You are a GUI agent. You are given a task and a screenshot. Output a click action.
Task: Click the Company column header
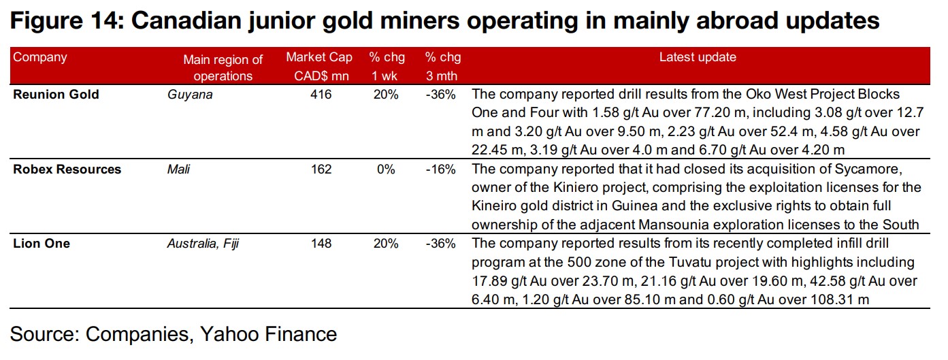click(40, 57)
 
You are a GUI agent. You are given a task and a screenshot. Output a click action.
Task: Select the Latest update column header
click(698, 57)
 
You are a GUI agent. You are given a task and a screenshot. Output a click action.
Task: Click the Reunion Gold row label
click(56, 95)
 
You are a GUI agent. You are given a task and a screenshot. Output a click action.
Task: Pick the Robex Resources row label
click(67, 169)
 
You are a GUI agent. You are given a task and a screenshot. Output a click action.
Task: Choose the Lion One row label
click(42, 243)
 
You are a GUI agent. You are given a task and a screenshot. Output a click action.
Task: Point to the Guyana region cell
click(190, 95)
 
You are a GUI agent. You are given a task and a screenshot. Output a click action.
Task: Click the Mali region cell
click(178, 169)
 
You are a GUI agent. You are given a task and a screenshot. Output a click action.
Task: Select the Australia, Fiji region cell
click(203, 243)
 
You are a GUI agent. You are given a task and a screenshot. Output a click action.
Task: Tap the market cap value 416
click(321, 95)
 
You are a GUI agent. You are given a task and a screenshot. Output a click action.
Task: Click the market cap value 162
click(321, 169)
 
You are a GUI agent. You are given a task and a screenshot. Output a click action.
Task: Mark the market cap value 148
click(321, 243)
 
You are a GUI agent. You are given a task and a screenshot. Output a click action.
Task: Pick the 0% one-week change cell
click(386, 169)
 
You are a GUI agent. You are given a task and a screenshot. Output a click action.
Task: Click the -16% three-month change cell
click(440, 169)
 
